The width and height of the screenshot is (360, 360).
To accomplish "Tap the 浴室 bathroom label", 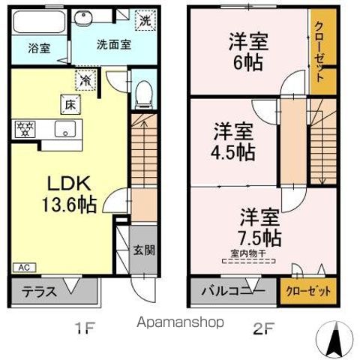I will [x=40, y=48].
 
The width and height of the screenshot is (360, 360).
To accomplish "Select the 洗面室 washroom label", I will [x=113, y=44].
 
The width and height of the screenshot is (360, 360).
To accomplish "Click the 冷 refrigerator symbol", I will [x=86, y=78].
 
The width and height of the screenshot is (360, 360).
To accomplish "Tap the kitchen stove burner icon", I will [x=26, y=128].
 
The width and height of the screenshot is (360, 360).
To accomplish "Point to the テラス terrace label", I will [x=40, y=292].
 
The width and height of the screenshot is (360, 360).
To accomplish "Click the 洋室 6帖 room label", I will [x=245, y=52].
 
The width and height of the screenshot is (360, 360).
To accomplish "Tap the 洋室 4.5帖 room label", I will [x=233, y=140].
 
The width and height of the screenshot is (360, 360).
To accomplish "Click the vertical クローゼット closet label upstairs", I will [x=319, y=51].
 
